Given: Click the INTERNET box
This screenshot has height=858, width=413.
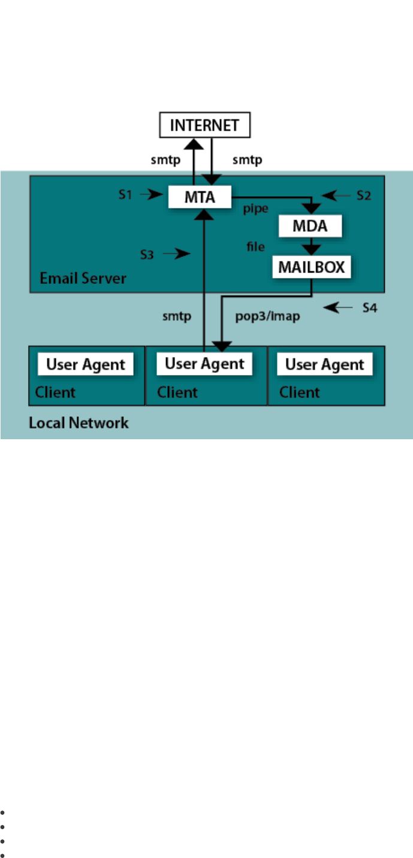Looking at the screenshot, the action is [205, 125].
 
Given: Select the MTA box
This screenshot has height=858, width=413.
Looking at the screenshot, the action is [200, 197].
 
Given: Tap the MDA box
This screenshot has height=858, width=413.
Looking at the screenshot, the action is [310, 226].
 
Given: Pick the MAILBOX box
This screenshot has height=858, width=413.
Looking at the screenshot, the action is [312, 267].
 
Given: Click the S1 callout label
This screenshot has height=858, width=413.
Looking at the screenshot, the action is [125, 194].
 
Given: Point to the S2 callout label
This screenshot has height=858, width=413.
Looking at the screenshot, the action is [364, 196].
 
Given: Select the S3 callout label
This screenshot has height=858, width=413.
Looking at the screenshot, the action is [147, 255].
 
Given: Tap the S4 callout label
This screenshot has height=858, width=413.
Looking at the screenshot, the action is [370, 308].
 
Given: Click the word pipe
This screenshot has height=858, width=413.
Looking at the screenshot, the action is [256, 209].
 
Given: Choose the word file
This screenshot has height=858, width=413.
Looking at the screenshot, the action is [256, 247].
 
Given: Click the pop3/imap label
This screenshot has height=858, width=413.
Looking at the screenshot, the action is [267, 316].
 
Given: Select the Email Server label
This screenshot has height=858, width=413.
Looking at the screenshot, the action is [83, 278].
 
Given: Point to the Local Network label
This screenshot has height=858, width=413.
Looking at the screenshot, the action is [79, 423].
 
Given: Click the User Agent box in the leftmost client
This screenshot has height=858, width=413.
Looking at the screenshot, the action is [86, 364].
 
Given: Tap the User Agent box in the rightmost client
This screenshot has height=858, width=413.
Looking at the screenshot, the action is [324, 364].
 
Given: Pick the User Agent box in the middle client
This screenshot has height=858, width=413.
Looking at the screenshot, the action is [204, 364].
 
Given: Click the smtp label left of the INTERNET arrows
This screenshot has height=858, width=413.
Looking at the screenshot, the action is [165, 160].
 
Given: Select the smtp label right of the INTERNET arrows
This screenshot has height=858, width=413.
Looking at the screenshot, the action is [248, 160].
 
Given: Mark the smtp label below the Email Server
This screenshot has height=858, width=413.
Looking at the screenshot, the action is [177, 316].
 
